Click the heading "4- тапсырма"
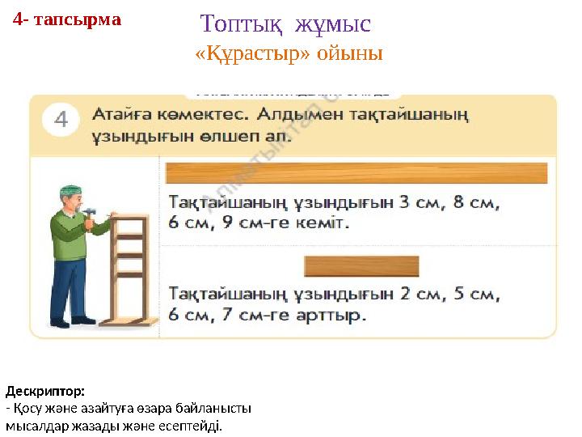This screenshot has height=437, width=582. coord(67,19)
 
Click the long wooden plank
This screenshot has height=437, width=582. coord(356,173)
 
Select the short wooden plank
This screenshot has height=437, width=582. coord(361,267)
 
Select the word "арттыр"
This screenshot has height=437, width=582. coord(329,314)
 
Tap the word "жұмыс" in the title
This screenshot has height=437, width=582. coord(332,23)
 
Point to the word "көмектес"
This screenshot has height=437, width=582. coord(205,113)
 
